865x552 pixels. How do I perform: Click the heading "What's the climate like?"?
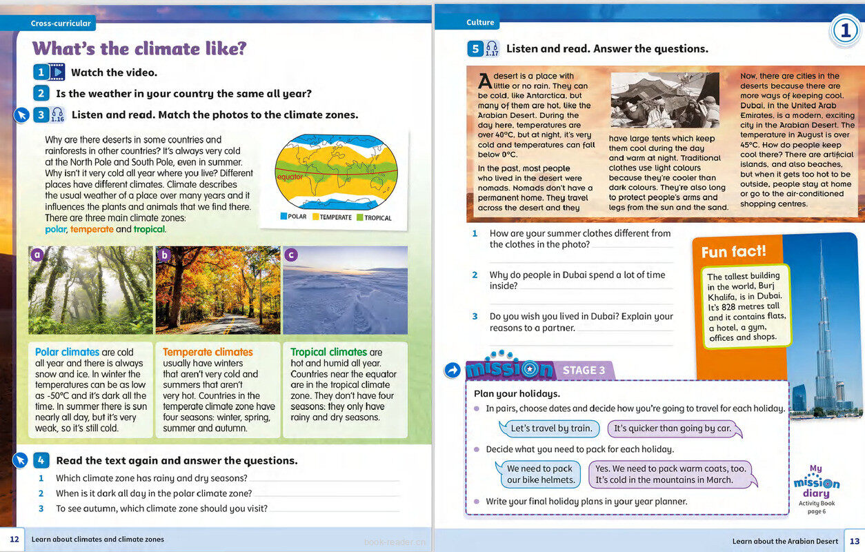139,48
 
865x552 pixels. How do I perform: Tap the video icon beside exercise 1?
57,72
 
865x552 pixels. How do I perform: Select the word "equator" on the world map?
290,177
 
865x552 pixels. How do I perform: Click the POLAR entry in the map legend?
293,217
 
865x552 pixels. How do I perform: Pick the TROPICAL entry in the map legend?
373,217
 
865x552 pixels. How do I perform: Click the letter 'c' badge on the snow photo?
291,255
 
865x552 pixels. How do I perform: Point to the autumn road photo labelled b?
217,290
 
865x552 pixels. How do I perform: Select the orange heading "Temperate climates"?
208,352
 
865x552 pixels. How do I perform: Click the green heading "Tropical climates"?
329,352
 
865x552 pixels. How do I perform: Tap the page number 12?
14,539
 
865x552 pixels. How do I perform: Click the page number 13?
854,541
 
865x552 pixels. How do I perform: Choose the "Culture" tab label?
480,22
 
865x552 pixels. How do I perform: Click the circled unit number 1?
844,30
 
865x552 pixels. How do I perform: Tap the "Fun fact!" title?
733,252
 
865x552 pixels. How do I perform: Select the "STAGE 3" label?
584,371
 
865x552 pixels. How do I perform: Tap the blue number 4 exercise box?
41,460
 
